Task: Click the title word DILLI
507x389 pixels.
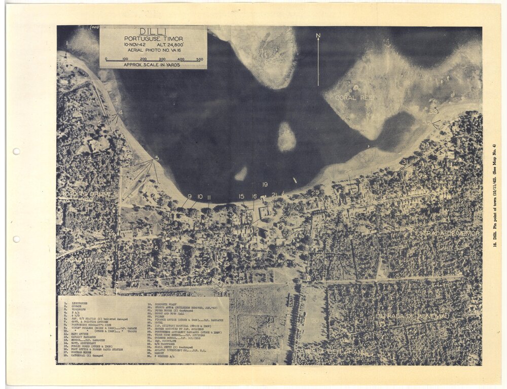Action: point(153,31)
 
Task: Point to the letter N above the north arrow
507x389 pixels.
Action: point(318,36)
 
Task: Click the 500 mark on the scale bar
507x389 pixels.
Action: point(199,60)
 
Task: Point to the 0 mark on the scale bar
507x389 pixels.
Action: point(106,60)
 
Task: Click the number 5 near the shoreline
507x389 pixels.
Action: point(157,158)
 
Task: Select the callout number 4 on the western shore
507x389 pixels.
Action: point(121,113)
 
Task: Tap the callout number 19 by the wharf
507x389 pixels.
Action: point(265,184)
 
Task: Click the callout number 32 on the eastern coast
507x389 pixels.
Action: point(427,123)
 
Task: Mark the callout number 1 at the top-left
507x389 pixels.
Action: point(66,43)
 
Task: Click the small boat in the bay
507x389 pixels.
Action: point(295,180)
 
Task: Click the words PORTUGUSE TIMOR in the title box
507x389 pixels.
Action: point(153,39)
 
